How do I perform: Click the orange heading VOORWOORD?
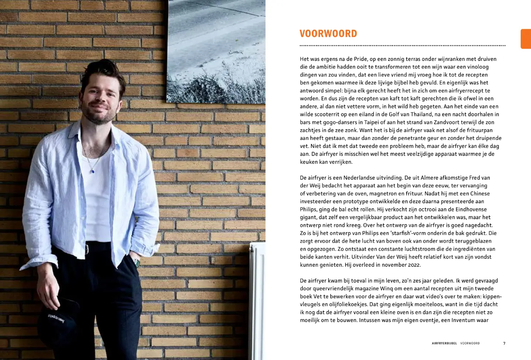point(328,34)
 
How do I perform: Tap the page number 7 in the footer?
point(504,343)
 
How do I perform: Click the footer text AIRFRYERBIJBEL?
point(444,343)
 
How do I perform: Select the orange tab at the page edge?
point(526,39)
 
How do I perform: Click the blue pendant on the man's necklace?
point(92,171)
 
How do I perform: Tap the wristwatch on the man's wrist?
point(136,262)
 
